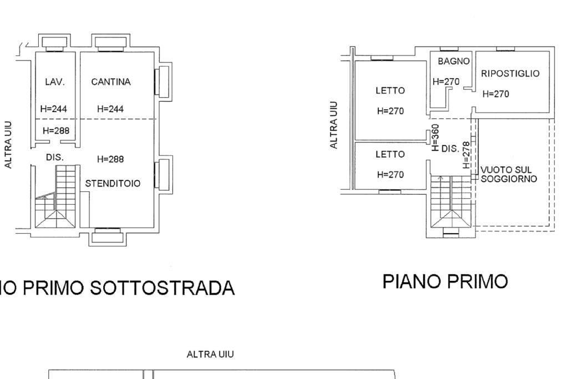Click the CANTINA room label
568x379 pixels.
(111, 82)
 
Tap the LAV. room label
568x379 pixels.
(55, 82)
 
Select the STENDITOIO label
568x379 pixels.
(113, 184)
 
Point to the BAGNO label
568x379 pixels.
(454, 61)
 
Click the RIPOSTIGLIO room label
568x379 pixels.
(510, 74)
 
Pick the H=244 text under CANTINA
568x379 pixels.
(110, 109)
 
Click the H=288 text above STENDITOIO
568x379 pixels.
(110, 159)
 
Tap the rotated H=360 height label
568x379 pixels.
(435, 138)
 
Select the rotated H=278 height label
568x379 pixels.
(466, 155)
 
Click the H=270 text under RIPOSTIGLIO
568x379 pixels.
(495, 94)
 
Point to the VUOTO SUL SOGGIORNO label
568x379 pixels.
(509, 174)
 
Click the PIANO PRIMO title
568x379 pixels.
(445, 281)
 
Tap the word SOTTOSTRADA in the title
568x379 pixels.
(162, 288)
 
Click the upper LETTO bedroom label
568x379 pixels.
(390, 90)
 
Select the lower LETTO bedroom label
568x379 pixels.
(390, 154)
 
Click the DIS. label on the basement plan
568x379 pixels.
(55, 158)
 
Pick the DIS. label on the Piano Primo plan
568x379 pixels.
(450, 149)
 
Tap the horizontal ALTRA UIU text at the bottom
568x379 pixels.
(210, 355)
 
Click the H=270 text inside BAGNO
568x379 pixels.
(446, 82)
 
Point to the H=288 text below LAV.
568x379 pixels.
(56, 130)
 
